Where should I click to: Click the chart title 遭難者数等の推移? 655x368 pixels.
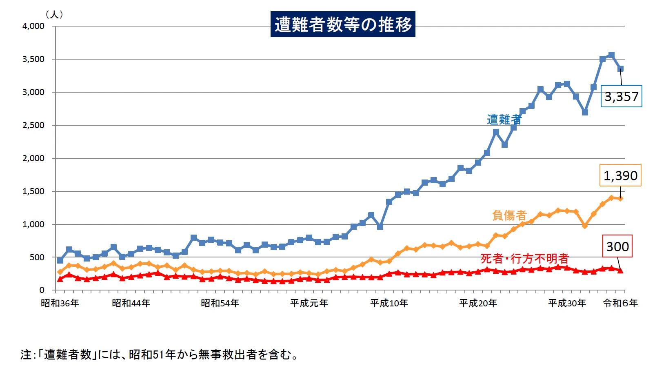[x=343, y=24]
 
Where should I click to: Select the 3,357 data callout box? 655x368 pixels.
[x=621, y=96]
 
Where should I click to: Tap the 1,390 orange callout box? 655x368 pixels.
[x=620, y=175]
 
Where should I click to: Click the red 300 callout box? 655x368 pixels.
[x=617, y=246]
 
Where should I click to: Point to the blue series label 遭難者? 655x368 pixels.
[x=504, y=120]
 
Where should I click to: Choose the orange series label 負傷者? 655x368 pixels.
[x=509, y=215]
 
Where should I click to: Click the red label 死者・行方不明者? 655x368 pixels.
[x=524, y=258]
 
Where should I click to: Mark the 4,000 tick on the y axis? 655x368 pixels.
[x=33, y=26]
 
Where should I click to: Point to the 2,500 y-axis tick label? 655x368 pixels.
[x=33, y=125]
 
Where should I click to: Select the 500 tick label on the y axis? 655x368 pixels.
[x=37, y=257]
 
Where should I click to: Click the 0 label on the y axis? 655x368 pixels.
[x=42, y=290]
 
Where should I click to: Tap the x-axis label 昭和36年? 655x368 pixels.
[x=60, y=303]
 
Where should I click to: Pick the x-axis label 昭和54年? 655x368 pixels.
[x=220, y=303]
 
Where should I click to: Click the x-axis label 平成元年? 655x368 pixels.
[x=309, y=303]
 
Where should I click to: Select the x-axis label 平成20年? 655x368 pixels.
[x=478, y=303]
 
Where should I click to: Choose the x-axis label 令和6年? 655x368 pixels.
[x=620, y=303]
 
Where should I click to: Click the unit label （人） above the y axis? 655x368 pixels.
[x=54, y=14]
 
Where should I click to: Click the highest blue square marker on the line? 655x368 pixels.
[x=611, y=55]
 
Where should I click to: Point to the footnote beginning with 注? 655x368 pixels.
[x=159, y=354]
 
